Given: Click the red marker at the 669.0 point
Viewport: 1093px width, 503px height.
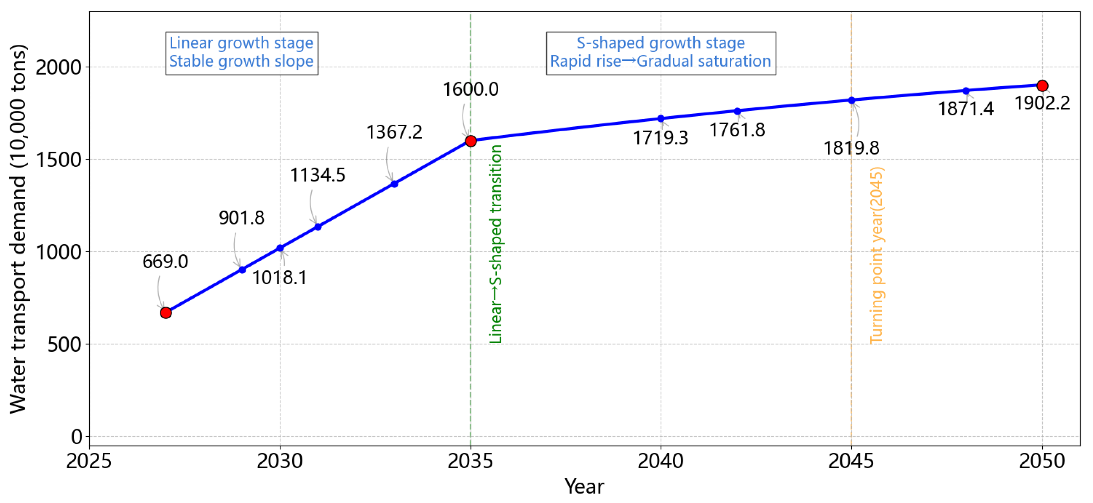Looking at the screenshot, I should (x=166, y=312).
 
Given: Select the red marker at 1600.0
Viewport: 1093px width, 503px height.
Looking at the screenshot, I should (x=470, y=141).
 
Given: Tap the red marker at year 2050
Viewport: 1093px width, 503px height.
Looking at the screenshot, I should (x=1042, y=86).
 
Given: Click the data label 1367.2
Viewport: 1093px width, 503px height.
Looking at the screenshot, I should (x=394, y=132).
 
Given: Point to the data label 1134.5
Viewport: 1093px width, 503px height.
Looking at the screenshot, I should (x=317, y=175).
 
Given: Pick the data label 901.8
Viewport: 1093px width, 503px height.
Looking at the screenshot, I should (x=241, y=218).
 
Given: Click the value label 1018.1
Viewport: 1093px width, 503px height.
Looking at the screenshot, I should (x=279, y=277).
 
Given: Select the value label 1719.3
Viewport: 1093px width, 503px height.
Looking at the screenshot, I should (x=660, y=138).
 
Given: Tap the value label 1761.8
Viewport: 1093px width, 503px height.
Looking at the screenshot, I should (x=737, y=130).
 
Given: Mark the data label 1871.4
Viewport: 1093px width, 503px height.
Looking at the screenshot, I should (x=966, y=109).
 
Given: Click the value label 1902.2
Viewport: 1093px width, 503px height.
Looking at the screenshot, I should (x=1042, y=103).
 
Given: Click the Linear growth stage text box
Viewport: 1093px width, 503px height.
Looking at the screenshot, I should (x=241, y=53).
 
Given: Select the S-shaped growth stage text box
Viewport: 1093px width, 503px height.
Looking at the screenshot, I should (x=661, y=53).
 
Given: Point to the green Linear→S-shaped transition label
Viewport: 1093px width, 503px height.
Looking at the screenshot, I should (x=495, y=244).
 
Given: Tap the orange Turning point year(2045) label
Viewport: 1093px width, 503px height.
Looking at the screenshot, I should (x=876, y=255).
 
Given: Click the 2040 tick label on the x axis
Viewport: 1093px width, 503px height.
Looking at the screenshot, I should (x=660, y=461).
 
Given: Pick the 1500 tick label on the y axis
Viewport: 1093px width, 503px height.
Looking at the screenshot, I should (x=58, y=160).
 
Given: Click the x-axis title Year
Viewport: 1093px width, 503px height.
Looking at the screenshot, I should (x=584, y=487).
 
